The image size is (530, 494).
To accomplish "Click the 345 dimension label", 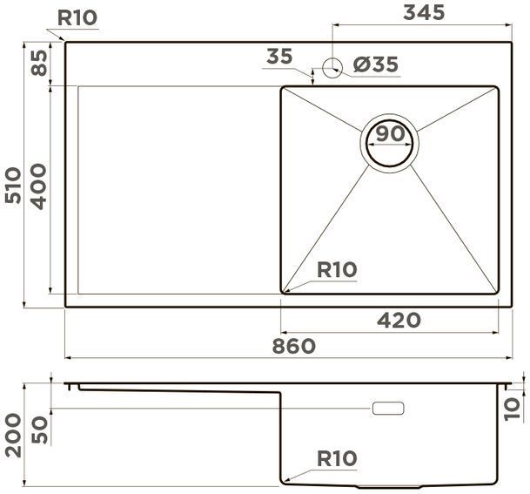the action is coord(424,13).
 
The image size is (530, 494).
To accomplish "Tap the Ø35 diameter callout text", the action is coord(376,64).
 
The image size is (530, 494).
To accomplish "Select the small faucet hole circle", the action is coord(332,68).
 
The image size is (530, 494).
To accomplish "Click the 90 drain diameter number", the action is coord(390,133).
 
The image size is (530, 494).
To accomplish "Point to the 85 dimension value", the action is coord(39,63).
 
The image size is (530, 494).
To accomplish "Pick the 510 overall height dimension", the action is coord(13,185).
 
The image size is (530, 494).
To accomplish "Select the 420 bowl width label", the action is coord(399,320).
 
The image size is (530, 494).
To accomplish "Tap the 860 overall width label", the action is coord(294,346).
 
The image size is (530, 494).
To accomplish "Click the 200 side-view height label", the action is coord(13,435).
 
